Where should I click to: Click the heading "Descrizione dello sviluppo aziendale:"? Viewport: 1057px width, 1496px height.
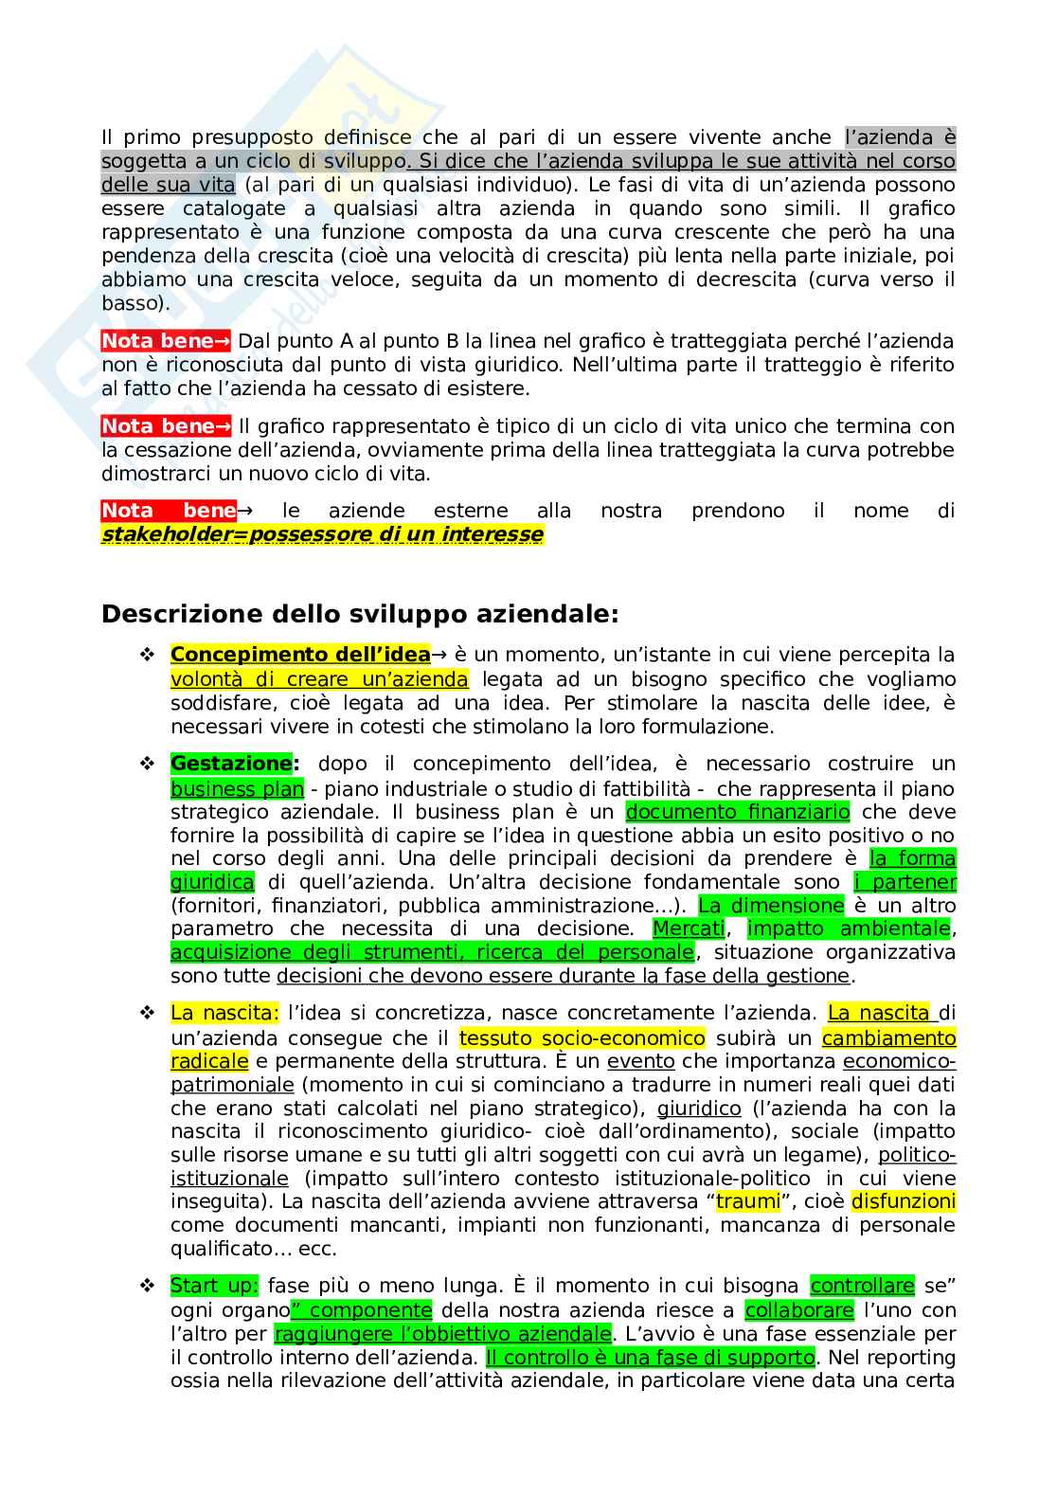pyautogui.click(x=360, y=614)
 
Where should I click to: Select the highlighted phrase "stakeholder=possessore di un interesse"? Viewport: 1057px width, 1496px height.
pyautogui.click(x=322, y=534)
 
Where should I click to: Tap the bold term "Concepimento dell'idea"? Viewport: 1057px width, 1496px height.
pyautogui.click(x=300, y=655)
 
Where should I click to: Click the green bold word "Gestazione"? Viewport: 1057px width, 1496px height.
pyautogui.click(x=231, y=764)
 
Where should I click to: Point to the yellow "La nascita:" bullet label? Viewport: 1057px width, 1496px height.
pyautogui.click(x=224, y=1014)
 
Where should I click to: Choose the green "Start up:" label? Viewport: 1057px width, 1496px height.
pyautogui.click(x=214, y=1286)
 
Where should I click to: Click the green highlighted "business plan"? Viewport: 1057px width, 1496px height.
pyautogui.click(x=237, y=788)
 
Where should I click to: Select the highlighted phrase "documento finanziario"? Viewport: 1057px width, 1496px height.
pyautogui.click(x=738, y=812)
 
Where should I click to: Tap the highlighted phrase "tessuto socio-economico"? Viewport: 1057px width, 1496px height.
pyautogui.click(x=582, y=1037)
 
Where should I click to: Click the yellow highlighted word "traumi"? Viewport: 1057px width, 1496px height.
pyautogui.click(x=747, y=1201)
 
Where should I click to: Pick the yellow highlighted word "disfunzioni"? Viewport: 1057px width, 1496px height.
pyautogui.click(x=903, y=1201)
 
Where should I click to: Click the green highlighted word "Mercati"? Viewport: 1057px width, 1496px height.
pyautogui.click(x=689, y=928)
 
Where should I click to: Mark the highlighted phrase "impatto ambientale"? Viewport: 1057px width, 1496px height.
pyautogui.click(x=848, y=928)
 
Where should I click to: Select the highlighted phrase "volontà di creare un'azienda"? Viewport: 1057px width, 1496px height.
pyautogui.click(x=319, y=679)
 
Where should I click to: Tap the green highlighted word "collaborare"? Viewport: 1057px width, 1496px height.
pyautogui.click(x=798, y=1310)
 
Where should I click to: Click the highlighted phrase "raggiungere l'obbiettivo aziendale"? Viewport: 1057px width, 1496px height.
pyautogui.click(x=442, y=1334)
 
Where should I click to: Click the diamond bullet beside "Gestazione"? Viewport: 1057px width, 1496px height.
pyautogui.click(x=147, y=764)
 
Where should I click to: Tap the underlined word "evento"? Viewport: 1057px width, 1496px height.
pyautogui.click(x=641, y=1061)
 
